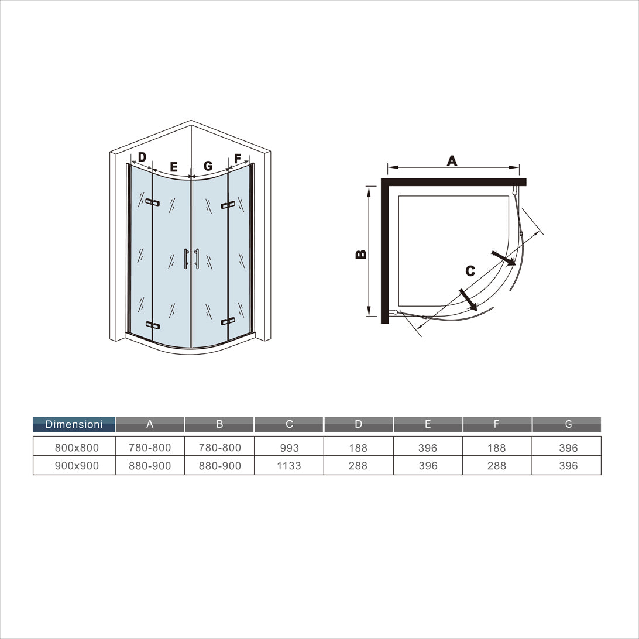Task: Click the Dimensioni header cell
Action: [74, 424]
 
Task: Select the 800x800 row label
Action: [77, 448]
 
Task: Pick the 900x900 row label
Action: [77, 466]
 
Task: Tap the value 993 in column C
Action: [289, 448]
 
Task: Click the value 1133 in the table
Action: [289, 466]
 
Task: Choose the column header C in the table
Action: [289, 424]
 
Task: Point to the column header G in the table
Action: [568, 424]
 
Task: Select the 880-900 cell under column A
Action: [150, 466]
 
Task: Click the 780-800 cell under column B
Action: [219, 448]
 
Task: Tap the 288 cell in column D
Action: [358, 466]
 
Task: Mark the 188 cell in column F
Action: [496, 448]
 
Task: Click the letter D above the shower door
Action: [142, 157]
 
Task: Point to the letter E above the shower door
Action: [174, 167]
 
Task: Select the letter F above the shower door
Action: [238, 159]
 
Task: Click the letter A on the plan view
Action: [452, 160]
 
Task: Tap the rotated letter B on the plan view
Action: [362, 254]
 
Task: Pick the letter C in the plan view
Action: [470, 271]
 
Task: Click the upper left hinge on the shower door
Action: [152, 202]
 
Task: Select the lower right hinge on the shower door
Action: [228, 321]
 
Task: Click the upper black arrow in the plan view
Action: [503, 257]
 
